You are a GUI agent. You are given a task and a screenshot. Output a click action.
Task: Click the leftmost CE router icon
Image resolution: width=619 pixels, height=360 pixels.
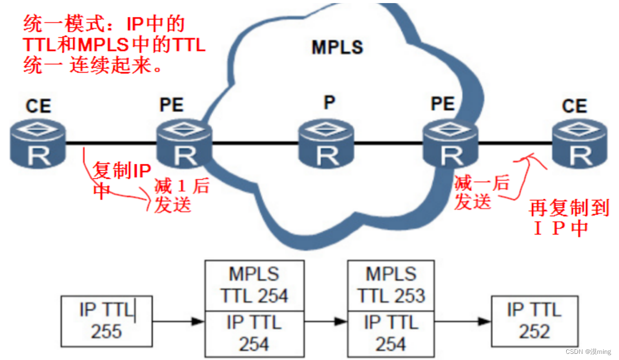coord(38,144)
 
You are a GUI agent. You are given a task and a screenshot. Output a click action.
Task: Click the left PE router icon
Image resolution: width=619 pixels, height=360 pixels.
coord(184,144)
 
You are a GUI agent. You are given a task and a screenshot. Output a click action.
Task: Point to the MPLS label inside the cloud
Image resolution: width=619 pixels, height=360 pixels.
coord(337,47)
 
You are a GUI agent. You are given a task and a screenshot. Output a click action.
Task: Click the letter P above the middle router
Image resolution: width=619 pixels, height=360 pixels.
coord(329,102)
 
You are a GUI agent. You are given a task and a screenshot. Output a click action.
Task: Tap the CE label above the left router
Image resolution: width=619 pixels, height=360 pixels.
coord(38,106)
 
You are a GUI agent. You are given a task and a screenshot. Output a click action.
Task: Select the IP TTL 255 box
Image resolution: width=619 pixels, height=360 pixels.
coord(106,321)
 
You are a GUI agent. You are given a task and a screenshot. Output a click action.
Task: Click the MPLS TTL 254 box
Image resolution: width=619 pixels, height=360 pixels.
coord(254,285)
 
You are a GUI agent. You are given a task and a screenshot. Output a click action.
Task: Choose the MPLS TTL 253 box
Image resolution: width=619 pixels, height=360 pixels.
coord(391,285)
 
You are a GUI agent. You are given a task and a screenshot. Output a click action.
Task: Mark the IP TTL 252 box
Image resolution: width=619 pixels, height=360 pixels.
coord(534,321)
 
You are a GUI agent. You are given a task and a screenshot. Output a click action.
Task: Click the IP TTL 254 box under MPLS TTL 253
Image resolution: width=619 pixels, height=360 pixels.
coord(391,333)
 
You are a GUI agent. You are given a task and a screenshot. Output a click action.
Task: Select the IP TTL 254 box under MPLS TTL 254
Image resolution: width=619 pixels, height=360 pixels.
coord(254,333)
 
